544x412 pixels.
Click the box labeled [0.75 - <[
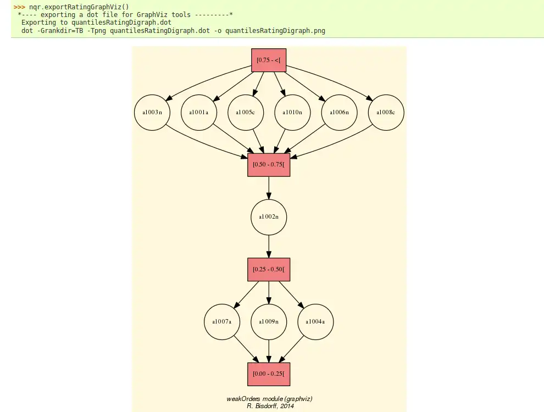point(269,60)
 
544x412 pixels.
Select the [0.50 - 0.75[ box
point(269,164)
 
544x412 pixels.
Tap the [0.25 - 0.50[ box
point(269,269)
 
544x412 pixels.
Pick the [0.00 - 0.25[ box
point(269,374)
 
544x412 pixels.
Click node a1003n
point(152,113)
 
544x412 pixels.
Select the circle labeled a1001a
point(199,113)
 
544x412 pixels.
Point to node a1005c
point(246,113)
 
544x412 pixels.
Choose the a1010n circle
point(292,113)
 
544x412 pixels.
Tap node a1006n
point(339,113)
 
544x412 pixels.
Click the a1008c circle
point(386,113)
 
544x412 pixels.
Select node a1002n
point(269,217)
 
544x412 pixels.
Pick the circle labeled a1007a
point(222,321)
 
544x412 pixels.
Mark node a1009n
point(269,321)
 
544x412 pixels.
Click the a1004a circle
point(315,321)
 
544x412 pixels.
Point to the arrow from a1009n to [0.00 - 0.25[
point(269,350)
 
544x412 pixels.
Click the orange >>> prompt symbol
point(19,7)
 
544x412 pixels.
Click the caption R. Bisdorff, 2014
point(270,406)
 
